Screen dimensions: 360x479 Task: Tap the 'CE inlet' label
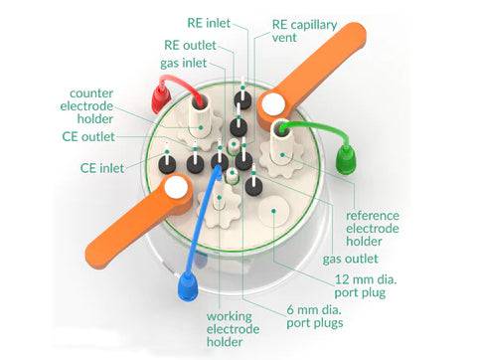click(x=102, y=168)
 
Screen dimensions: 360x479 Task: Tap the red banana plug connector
click(x=158, y=97)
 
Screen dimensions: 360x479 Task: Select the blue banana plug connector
click(x=188, y=288)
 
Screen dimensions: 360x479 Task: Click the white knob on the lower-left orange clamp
click(x=177, y=188)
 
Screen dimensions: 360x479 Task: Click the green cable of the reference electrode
click(x=323, y=130)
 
